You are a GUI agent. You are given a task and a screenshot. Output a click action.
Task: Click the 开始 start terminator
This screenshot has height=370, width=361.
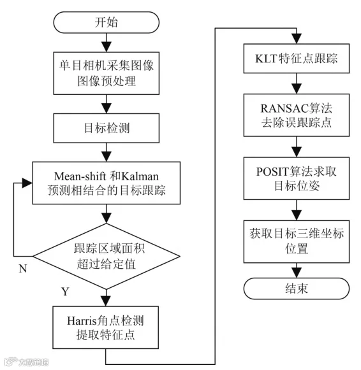click(x=107, y=22)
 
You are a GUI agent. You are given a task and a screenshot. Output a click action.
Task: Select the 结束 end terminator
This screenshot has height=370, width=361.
click(x=297, y=288)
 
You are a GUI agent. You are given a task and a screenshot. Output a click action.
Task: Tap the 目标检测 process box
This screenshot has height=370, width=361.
click(x=107, y=128)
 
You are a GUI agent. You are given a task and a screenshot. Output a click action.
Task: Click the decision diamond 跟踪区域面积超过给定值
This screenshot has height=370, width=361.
click(x=107, y=256)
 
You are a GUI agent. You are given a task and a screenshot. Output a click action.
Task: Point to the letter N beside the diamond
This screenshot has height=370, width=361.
click(x=23, y=269)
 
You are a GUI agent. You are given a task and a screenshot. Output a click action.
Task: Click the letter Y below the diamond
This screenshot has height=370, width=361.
click(x=65, y=292)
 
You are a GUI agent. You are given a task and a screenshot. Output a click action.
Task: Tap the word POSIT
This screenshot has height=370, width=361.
click(x=272, y=171)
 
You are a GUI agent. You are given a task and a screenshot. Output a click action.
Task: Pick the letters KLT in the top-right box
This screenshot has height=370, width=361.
click(x=266, y=59)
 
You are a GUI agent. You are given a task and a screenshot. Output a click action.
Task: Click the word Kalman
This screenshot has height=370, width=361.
click(x=140, y=176)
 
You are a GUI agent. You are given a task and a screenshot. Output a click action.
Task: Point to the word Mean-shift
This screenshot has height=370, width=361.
click(x=80, y=176)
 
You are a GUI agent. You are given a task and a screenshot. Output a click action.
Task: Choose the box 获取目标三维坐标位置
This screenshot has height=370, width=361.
click(x=297, y=241)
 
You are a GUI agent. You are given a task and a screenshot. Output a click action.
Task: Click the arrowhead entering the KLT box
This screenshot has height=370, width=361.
click(x=297, y=39)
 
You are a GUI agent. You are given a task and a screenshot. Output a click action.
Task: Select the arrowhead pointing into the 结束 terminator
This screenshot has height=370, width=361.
click(x=297, y=273)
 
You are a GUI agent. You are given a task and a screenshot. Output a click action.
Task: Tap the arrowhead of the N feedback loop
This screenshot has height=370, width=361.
click(x=27, y=183)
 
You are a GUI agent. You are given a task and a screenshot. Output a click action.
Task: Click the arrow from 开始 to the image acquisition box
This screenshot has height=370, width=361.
click(x=107, y=43)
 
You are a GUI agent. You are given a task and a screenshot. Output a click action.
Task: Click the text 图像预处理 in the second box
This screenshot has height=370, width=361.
click(x=107, y=81)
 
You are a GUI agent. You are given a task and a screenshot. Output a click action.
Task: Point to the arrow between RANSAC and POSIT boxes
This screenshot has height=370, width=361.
click(x=297, y=146)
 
